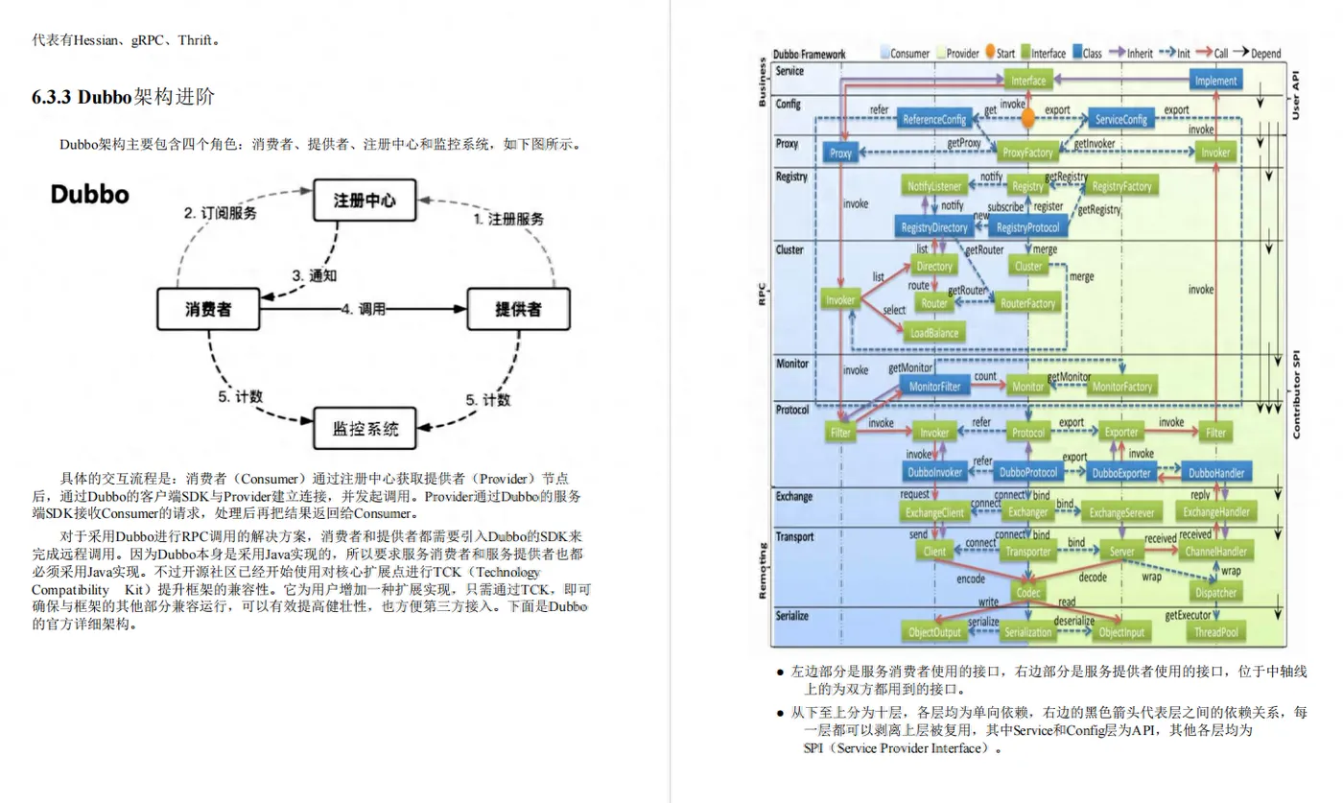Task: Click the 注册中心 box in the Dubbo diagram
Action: pos(365,201)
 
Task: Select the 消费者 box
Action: pos(208,309)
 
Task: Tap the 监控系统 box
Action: pos(365,428)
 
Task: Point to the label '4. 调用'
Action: pos(363,309)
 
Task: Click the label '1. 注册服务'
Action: pos(508,219)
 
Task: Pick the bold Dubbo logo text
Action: pos(90,195)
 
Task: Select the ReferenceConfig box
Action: pos(933,120)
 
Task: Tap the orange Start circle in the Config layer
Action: pos(1028,118)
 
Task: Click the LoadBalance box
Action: pos(933,332)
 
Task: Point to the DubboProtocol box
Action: pos(1028,472)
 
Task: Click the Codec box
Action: pos(1028,593)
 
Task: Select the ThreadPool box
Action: pos(1216,632)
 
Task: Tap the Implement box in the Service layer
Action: pos(1216,81)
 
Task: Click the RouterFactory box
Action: pos(1028,303)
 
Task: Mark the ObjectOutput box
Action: pos(934,632)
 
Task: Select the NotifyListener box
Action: pos(934,187)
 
